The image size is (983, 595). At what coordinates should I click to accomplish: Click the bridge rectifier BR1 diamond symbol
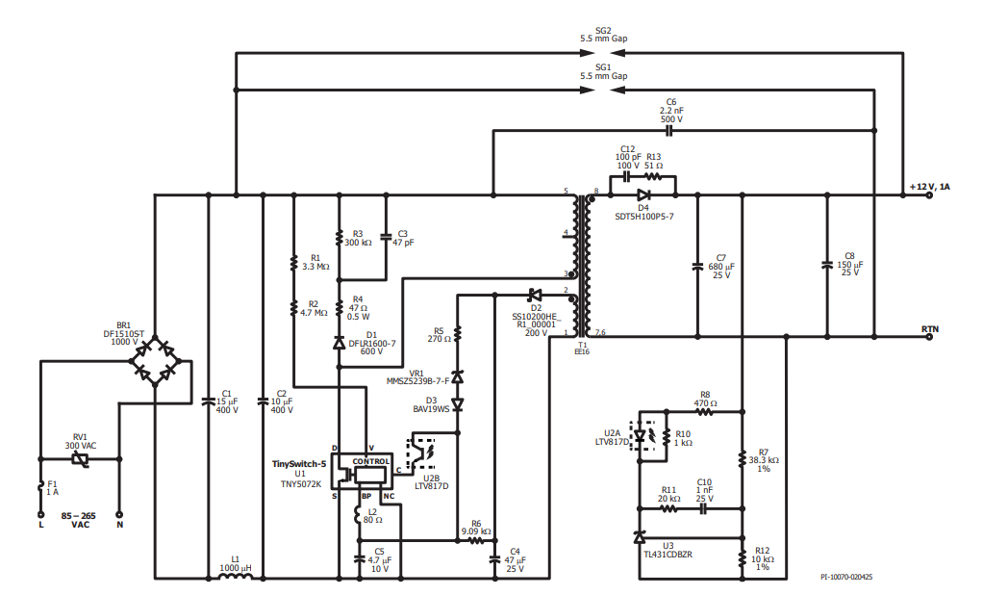pyautogui.click(x=154, y=361)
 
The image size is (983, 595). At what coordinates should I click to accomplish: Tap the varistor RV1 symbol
pyautogui.click(x=80, y=459)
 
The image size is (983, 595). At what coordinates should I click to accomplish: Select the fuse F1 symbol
pyautogui.click(x=41, y=486)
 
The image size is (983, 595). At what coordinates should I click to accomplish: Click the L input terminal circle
pyautogui.click(x=41, y=515)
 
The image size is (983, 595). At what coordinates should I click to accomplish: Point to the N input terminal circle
pyautogui.click(x=119, y=515)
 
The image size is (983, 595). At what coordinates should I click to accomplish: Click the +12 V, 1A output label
pyautogui.click(x=930, y=187)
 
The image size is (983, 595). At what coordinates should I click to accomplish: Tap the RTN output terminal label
pyautogui.click(x=930, y=329)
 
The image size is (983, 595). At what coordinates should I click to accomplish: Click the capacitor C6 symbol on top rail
pyautogui.click(x=668, y=131)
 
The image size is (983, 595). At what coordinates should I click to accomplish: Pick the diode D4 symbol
pyautogui.click(x=643, y=194)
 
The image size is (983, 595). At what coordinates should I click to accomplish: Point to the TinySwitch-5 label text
pyautogui.click(x=299, y=464)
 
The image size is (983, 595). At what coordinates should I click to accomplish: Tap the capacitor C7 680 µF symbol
pyautogui.click(x=697, y=266)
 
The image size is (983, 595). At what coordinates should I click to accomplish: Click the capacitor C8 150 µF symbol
pyautogui.click(x=827, y=265)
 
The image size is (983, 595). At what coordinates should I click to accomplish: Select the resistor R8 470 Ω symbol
pyautogui.click(x=705, y=412)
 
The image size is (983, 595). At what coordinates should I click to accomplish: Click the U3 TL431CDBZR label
pyautogui.click(x=668, y=551)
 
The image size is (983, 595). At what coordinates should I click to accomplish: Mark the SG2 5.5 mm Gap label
pyautogui.click(x=603, y=35)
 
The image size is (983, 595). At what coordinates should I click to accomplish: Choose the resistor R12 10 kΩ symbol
pyautogui.click(x=743, y=558)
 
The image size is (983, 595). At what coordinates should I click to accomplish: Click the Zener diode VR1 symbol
pyautogui.click(x=458, y=376)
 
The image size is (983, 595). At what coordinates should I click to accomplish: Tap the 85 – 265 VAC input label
pyautogui.click(x=79, y=520)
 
